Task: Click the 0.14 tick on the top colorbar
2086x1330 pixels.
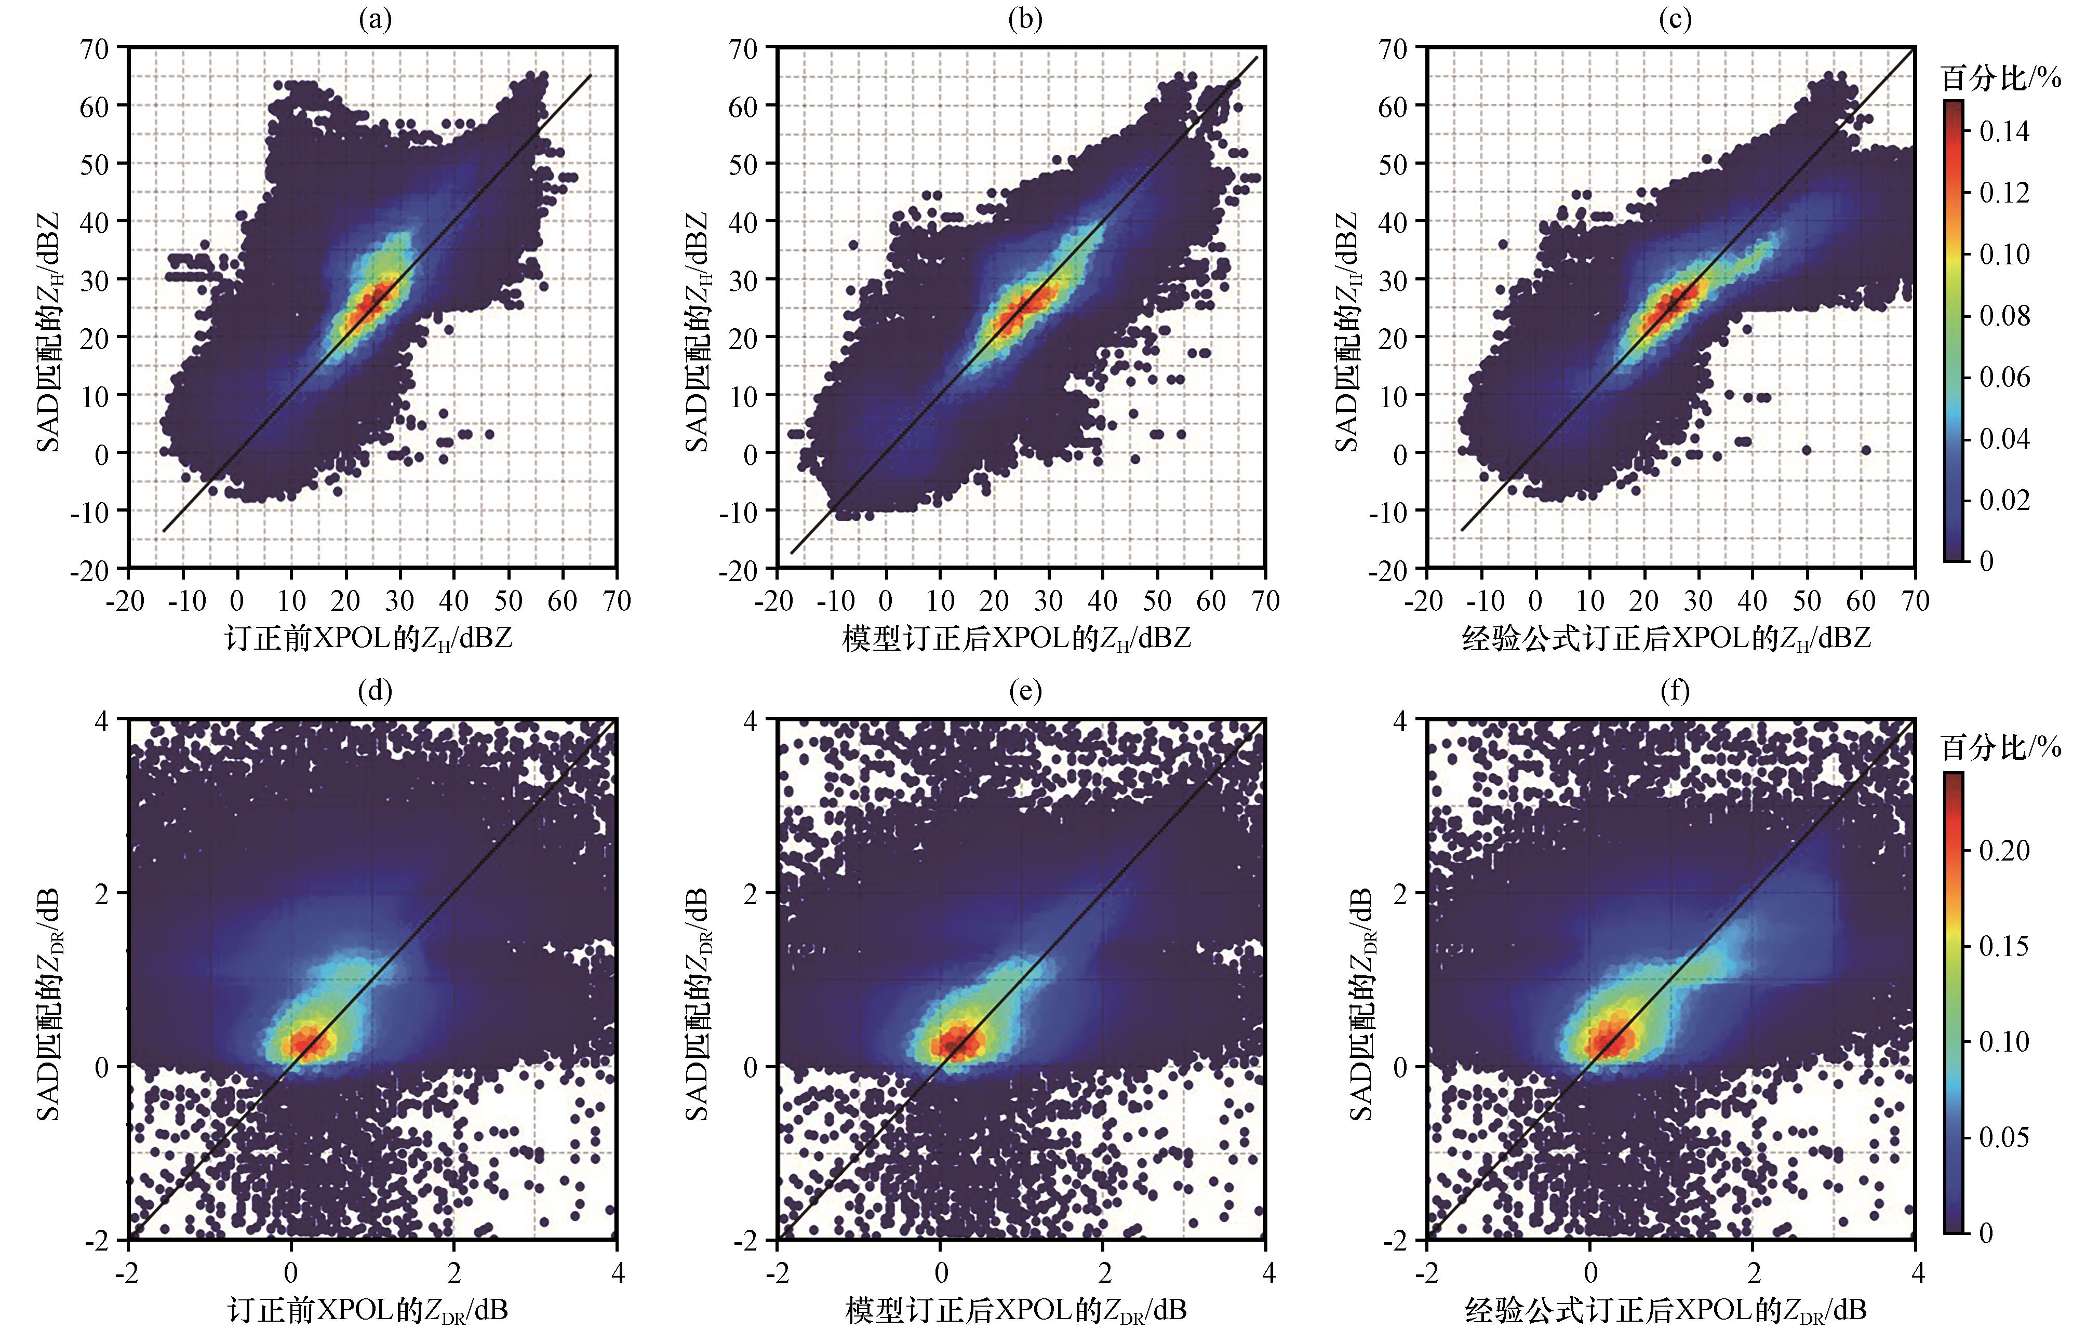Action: pyautogui.click(x=2004, y=131)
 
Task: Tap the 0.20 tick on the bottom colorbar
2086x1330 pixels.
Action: pyautogui.click(x=2004, y=850)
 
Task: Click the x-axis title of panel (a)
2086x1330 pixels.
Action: pyautogui.click(x=369, y=639)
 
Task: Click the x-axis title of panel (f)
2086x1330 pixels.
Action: pyautogui.click(x=1665, y=1309)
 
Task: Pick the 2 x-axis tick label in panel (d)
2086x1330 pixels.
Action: pyautogui.click(x=454, y=1273)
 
